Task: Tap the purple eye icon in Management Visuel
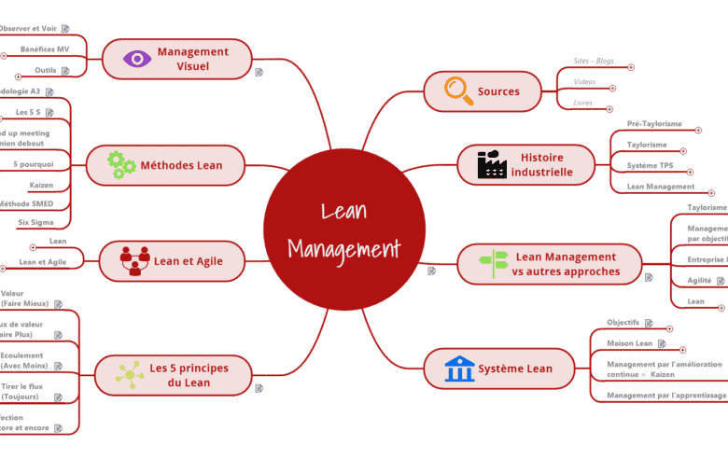pos(137,59)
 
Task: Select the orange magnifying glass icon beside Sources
pos(457,90)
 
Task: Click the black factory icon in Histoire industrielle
pos(492,164)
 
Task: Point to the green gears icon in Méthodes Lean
pos(121,165)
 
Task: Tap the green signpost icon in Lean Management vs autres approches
pos(493,263)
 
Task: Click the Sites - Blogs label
pos(594,62)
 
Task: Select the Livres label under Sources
pos(583,103)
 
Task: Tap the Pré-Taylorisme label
pos(654,123)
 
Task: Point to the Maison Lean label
pos(630,343)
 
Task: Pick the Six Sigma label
pos(36,222)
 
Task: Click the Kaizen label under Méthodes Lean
pos(41,185)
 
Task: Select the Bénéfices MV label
pos(45,49)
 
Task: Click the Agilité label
pos(700,280)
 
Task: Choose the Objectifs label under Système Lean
pos(623,323)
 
